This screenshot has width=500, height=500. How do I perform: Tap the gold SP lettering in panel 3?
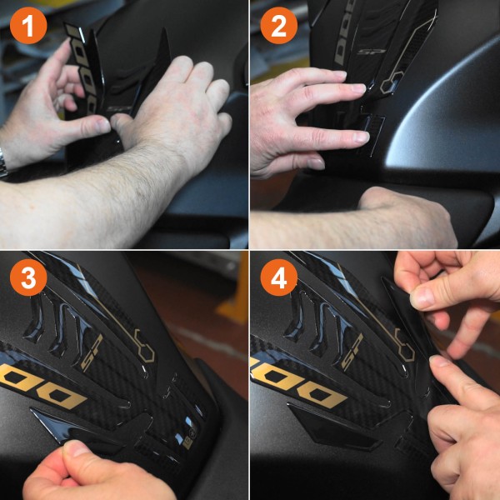pos(91,357)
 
